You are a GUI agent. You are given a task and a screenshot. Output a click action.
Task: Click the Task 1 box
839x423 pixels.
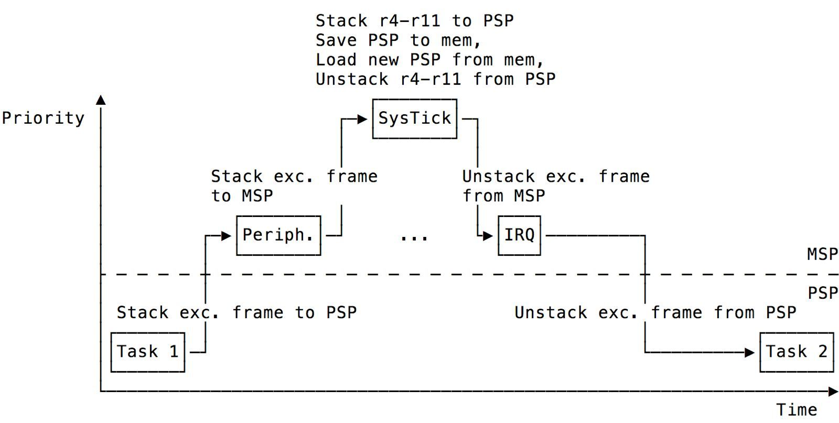pyautogui.click(x=147, y=352)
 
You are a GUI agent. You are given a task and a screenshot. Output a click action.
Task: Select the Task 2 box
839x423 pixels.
pyautogui.click(x=796, y=352)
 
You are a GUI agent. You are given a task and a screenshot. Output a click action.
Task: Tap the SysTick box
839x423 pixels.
pyautogui.click(x=414, y=118)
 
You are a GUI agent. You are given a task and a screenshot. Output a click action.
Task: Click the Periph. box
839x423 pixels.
pyautogui.click(x=278, y=235)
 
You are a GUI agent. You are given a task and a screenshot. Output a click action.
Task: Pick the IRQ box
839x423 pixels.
pyautogui.click(x=519, y=235)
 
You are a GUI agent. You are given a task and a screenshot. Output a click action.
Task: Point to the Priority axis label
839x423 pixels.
pyautogui.click(x=43, y=118)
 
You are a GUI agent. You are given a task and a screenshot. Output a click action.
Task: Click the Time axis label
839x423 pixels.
pyautogui.click(x=796, y=409)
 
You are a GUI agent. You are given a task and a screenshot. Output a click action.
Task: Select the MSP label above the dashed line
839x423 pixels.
pyautogui.click(x=822, y=254)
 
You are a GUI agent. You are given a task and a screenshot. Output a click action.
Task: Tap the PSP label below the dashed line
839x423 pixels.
pyautogui.click(x=822, y=293)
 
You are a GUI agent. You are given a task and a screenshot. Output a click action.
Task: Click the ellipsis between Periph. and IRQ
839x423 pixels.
pyautogui.click(x=414, y=237)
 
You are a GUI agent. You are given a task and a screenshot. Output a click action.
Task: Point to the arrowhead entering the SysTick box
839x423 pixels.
pyautogui.click(x=362, y=120)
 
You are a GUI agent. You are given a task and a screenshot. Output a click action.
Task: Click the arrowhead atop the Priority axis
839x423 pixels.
pyautogui.click(x=101, y=100)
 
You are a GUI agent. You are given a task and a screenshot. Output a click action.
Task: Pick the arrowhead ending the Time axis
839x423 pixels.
pyautogui.click(x=833, y=391)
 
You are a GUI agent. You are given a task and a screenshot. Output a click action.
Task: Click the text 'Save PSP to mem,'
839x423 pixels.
pyautogui.click(x=399, y=40)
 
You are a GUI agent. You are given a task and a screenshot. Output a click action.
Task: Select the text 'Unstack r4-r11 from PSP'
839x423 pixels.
pyautogui.click(x=435, y=79)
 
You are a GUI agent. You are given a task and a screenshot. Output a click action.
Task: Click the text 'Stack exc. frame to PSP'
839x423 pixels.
pyautogui.click(x=236, y=313)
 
